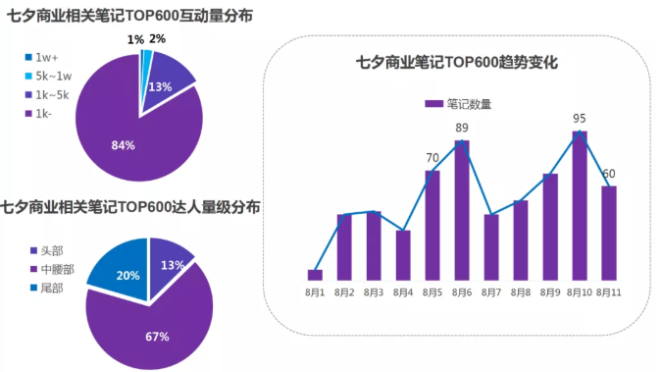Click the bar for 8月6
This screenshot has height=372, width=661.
pos(461,210)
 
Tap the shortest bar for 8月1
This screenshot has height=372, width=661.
pos(315,275)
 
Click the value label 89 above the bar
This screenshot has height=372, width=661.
pos(462,129)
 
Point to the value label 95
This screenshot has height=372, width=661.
pos(580,119)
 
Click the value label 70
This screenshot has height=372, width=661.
pos(432,158)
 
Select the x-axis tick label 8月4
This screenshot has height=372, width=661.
pos(403,292)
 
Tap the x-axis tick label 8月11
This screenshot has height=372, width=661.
pos(609,292)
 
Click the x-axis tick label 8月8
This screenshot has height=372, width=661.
pos(521,292)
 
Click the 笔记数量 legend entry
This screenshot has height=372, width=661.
pos(458,103)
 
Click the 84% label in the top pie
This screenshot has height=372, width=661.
pos(123,145)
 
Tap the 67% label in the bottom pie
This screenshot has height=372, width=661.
pos(157,337)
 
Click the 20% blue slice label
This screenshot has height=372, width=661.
pos(127,276)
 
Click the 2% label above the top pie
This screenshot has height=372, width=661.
pos(157,39)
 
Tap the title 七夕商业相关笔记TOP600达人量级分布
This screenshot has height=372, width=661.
pos(130,207)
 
